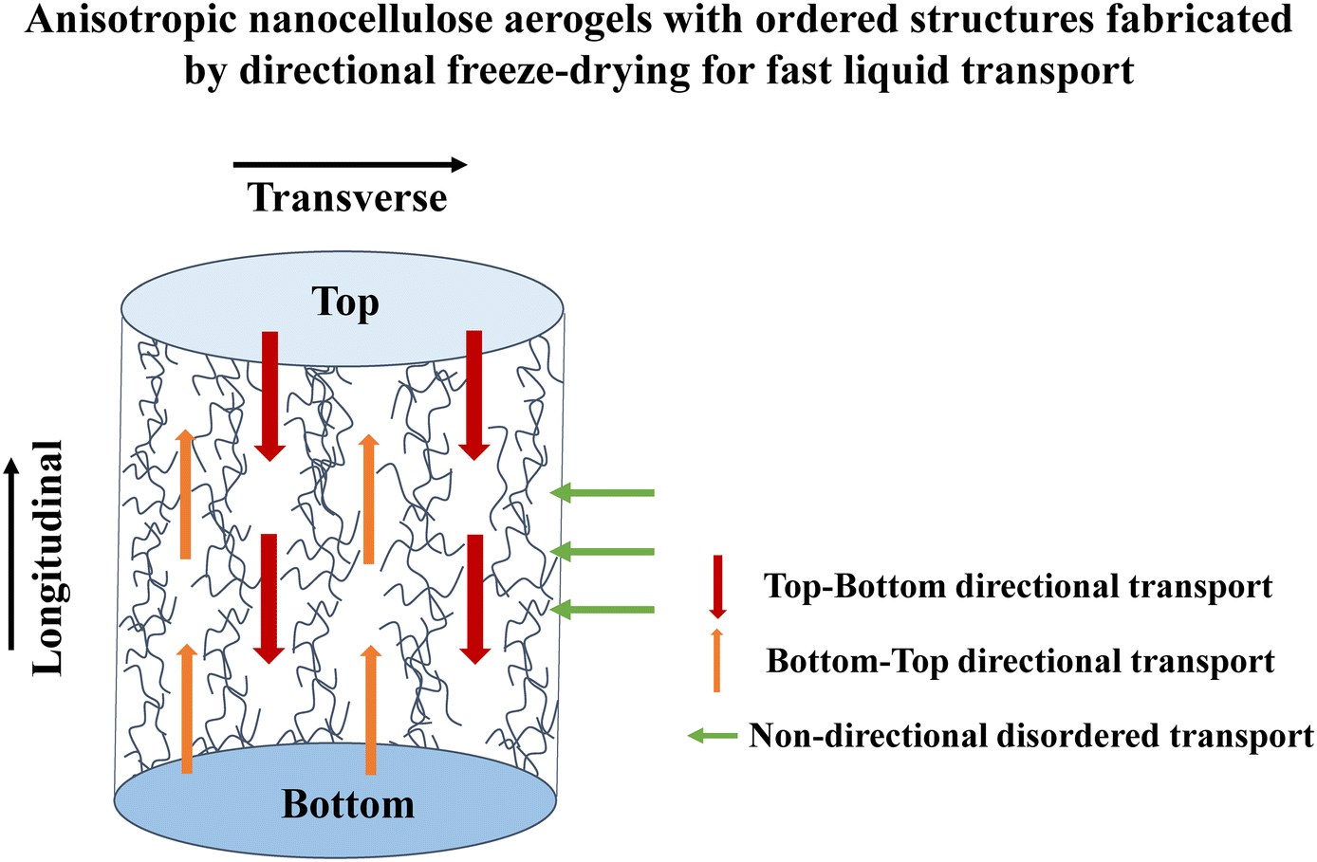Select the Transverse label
347,198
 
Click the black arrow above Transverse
350,165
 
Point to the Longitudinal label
47,559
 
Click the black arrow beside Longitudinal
11,554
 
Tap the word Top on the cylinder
345,303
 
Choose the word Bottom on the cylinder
348,805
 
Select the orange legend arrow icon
717,660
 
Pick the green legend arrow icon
713,735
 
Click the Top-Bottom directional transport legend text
1018,587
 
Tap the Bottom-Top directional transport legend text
1020,661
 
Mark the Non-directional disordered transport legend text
1031,736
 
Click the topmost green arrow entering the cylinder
603,492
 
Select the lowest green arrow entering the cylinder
603,609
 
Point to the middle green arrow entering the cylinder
603,551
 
